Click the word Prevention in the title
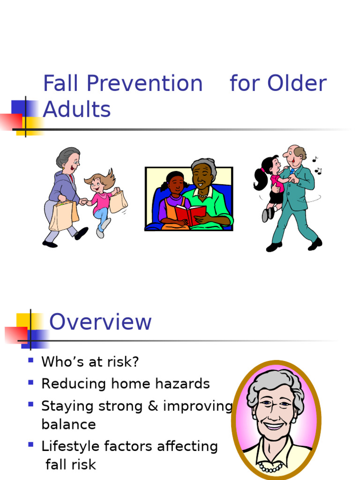[x=144, y=84]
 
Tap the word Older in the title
[x=297, y=84]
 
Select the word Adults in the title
[x=76, y=110]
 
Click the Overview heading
[x=100, y=322]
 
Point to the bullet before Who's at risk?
[x=31, y=360]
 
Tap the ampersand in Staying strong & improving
[x=153, y=406]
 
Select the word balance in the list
[x=68, y=425]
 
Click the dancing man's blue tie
[x=292, y=172]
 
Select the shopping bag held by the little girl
[x=118, y=202]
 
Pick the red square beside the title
[x=10, y=121]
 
